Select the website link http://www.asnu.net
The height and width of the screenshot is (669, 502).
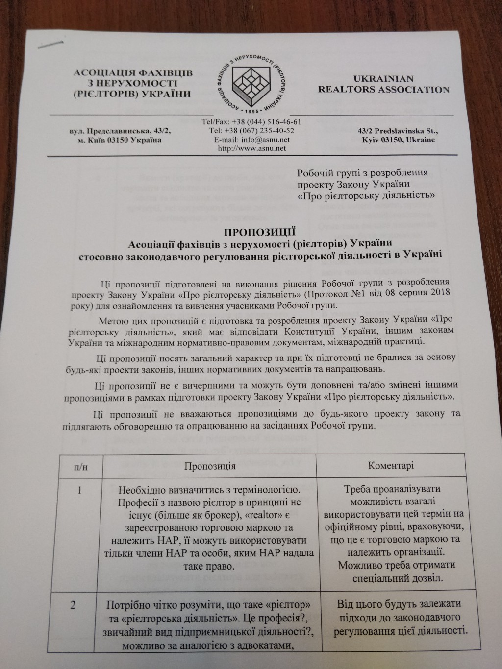[x=251, y=148]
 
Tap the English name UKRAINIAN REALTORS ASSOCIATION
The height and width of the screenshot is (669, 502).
[x=383, y=84]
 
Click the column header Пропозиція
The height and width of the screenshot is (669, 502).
[x=209, y=466]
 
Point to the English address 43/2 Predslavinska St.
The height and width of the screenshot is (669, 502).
[x=398, y=131]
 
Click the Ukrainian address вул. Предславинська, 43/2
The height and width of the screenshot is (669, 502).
[x=121, y=132]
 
